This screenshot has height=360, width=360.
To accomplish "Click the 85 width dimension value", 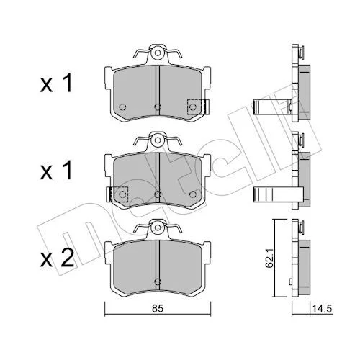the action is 158,308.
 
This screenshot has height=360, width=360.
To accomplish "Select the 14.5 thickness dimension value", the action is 322,308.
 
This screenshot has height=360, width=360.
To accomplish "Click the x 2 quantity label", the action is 57,258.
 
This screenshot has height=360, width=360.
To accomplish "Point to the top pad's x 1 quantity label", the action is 56,84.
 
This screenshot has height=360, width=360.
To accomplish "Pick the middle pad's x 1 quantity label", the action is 56,170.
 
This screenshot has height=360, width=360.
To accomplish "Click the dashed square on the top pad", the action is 194,107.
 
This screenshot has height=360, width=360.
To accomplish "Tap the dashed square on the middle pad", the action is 120,194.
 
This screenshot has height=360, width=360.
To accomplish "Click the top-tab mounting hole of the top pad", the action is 158,53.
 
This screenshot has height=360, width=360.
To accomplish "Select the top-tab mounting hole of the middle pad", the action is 158,140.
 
